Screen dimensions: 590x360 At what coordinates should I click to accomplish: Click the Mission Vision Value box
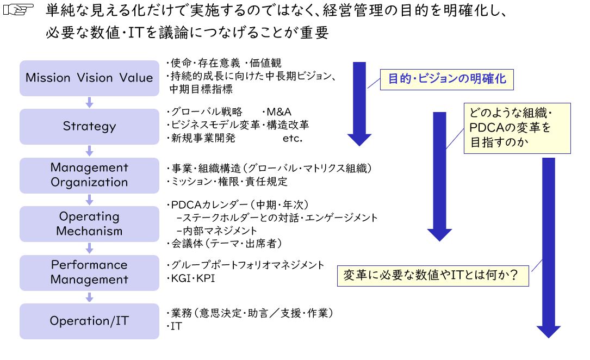[89, 78]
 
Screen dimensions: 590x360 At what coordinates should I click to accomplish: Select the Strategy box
[89, 127]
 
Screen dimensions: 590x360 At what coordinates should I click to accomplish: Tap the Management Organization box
[89, 175]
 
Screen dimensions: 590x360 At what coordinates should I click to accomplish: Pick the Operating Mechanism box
[89, 224]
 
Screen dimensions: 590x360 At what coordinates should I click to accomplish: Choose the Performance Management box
[89, 273]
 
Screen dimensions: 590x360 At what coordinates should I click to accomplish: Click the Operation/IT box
[89, 321]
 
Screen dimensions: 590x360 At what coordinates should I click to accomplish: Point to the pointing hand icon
[18, 9]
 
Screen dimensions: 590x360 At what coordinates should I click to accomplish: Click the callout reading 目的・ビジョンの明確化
[446, 79]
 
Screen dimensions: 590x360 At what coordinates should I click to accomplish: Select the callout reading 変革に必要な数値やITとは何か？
[433, 276]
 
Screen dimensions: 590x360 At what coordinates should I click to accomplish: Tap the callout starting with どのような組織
[517, 128]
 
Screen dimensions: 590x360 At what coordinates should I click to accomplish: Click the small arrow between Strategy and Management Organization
[89, 151]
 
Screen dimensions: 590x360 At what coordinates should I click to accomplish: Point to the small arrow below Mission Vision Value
[89, 102]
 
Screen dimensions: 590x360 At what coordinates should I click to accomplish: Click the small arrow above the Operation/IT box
[89, 297]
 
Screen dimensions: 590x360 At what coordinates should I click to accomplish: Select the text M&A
[278, 111]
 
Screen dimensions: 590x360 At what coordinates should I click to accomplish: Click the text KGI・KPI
[192, 278]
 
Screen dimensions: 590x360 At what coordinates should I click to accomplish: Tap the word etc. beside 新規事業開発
[293, 139]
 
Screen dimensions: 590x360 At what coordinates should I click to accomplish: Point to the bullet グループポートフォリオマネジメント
[247, 265]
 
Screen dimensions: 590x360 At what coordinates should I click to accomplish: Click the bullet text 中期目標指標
[201, 89]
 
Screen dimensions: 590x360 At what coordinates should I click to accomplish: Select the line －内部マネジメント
[216, 231]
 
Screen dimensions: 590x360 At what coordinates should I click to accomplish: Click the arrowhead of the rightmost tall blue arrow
[549, 332]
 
